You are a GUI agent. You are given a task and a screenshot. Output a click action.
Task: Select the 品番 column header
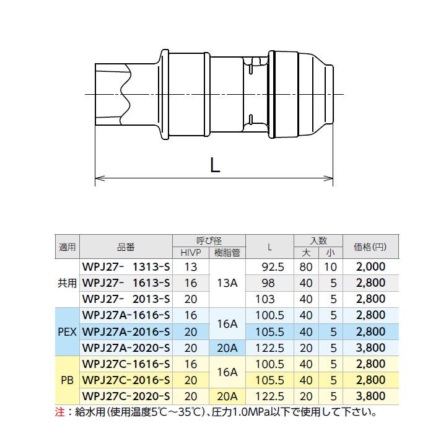pyautogui.click(x=126, y=247)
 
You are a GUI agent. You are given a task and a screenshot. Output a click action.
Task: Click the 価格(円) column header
pyautogui.click(x=370, y=247)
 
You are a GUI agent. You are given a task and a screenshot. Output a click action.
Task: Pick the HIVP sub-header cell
pyautogui.click(x=191, y=253)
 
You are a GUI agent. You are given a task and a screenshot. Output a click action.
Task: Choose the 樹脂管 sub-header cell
pyautogui.click(x=227, y=253)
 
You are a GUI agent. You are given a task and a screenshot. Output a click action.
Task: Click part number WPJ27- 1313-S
pyautogui.click(x=126, y=267)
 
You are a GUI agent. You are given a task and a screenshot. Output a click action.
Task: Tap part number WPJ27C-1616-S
pyautogui.click(x=126, y=364)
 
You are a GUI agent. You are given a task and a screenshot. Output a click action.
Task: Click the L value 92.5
pyautogui.click(x=269, y=267)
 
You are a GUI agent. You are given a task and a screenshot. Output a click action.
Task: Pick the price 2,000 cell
pyautogui.click(x=370, y=267)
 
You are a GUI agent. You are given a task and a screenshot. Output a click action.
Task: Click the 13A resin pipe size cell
pyautogui.click(x=227, y=283)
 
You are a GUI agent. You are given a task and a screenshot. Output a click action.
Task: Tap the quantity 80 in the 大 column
pyautogui.click(x=305, y=267)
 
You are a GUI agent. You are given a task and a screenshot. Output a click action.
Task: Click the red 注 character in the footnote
pyautogui.click(x=59, y=411)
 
